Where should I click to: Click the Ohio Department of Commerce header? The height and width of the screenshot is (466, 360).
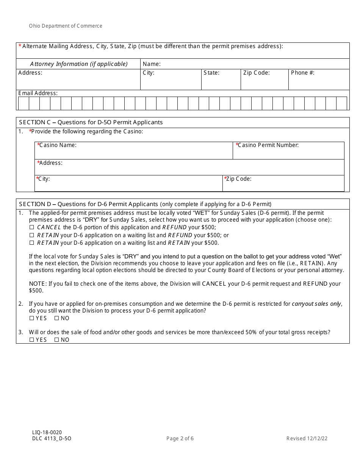[66, 26]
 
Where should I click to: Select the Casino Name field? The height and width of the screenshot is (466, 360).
[133, 153]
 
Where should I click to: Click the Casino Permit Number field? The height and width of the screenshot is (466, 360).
[288, 153]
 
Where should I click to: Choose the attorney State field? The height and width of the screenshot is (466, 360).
[221, 82]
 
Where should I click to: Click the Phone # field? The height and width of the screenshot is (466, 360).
[319, 82]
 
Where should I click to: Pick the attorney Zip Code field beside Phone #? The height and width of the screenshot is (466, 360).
[265, 82]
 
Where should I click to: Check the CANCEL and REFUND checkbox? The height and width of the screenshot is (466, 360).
[32, 228]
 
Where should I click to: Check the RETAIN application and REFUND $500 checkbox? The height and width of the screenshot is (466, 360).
[32, 235]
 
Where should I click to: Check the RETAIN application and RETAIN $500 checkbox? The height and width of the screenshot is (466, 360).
[32, 243]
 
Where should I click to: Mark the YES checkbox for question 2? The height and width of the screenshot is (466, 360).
[32, 319]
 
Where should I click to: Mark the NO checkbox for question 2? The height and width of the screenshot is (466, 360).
[56, 319]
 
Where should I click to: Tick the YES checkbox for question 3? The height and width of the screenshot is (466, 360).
[32, 340]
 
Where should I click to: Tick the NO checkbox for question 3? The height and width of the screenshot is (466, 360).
[56, 340]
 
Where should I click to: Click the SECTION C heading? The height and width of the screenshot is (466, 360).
[91, 122]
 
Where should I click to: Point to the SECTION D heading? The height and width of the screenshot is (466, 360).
[145, 204]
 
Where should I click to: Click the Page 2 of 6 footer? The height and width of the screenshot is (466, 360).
[180, 439]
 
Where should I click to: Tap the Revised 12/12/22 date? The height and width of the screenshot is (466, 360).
[307, 439]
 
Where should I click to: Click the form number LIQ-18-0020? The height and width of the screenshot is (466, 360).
[47, 432]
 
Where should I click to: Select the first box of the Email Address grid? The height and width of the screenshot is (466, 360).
[23, 103]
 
